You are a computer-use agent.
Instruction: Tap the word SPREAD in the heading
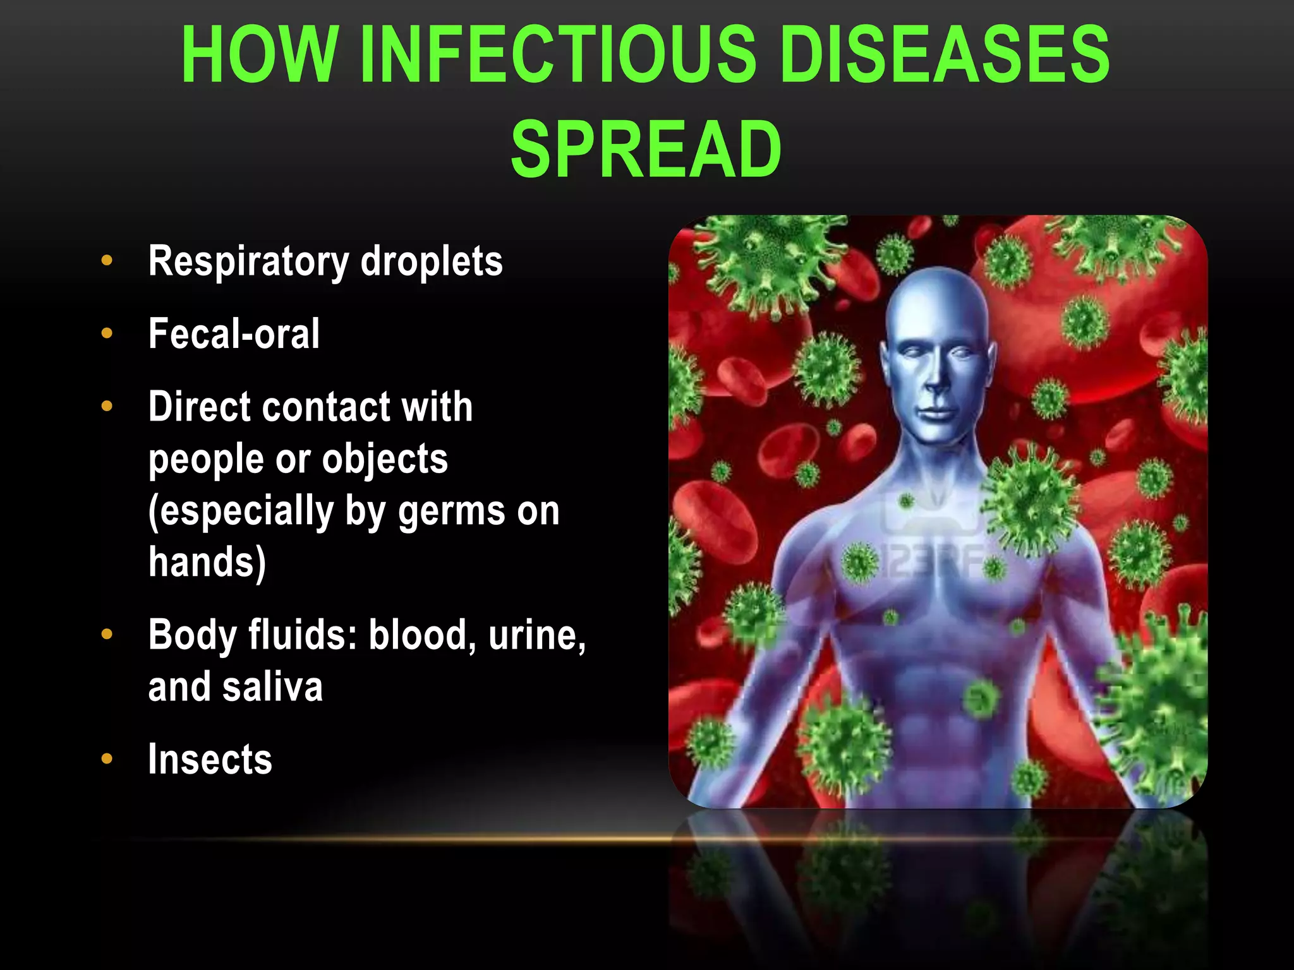click(646, 150)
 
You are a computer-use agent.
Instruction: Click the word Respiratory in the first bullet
click(248, 261)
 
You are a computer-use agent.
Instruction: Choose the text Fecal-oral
click(234, 333)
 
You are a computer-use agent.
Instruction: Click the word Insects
click(210, 759)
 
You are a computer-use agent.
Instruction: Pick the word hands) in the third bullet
click(207, 561)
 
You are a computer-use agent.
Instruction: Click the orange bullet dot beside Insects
click(107, 759)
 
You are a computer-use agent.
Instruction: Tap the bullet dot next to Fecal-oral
click(107, 333)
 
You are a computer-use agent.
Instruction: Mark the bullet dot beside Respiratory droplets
click(107, 260)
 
